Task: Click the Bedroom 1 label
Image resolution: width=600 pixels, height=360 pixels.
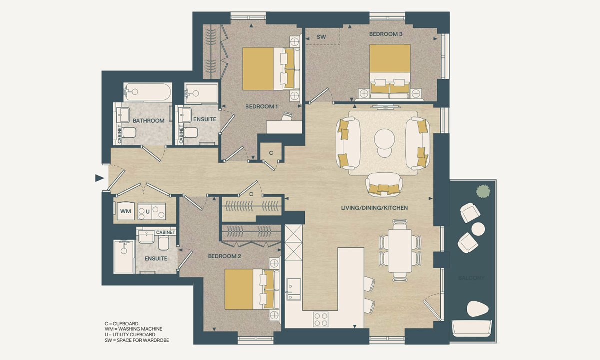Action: (261, 106)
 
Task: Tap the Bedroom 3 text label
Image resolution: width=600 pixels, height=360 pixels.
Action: (386, 34)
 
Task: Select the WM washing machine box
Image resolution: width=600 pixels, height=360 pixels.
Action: (126, 211)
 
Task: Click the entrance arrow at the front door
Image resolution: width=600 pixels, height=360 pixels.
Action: (99, 178)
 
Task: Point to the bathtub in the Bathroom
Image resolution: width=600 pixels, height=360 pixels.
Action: (148, 92)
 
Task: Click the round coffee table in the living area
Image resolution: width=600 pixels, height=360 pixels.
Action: (384, 139)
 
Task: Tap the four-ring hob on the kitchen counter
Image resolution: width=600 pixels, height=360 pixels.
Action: (321, 319)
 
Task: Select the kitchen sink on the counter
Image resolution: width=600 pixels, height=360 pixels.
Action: (294, 289)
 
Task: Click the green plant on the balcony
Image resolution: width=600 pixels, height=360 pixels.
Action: (483, 191)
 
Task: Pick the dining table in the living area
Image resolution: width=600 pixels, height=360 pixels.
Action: (400, 250)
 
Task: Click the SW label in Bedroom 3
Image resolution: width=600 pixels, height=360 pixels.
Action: (321, 37)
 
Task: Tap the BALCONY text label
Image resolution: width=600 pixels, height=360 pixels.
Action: (471, 278)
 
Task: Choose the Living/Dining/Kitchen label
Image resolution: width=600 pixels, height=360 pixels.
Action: (374, 208)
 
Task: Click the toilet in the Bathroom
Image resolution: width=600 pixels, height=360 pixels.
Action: (129, 132)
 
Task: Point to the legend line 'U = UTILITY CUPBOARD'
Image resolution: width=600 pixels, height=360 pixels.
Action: (130, 335)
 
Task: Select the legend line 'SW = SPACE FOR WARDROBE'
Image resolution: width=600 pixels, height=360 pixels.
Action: (137, 340)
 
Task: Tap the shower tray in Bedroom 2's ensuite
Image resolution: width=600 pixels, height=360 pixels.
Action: (124, 257)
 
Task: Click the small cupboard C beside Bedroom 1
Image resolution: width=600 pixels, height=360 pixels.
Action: (271, 153)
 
